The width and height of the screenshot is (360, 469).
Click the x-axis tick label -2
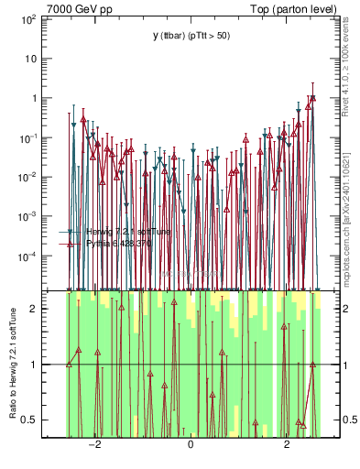click(x=94, y=445)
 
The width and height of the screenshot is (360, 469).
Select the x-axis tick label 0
click(x=191, y=445)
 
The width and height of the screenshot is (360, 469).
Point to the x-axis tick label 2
click(x=287, y=445)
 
